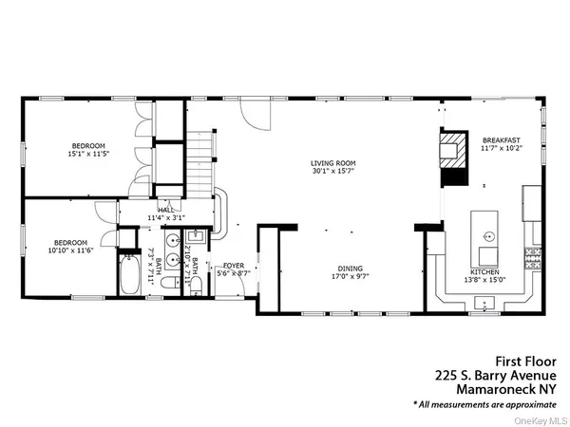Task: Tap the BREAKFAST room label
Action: [x=501, y=139]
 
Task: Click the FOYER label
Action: [x=234, y=266]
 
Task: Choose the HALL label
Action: [x=164, y=211]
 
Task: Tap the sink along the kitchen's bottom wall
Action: [x=484, y=305]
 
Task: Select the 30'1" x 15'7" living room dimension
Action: [x=332, y=172]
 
